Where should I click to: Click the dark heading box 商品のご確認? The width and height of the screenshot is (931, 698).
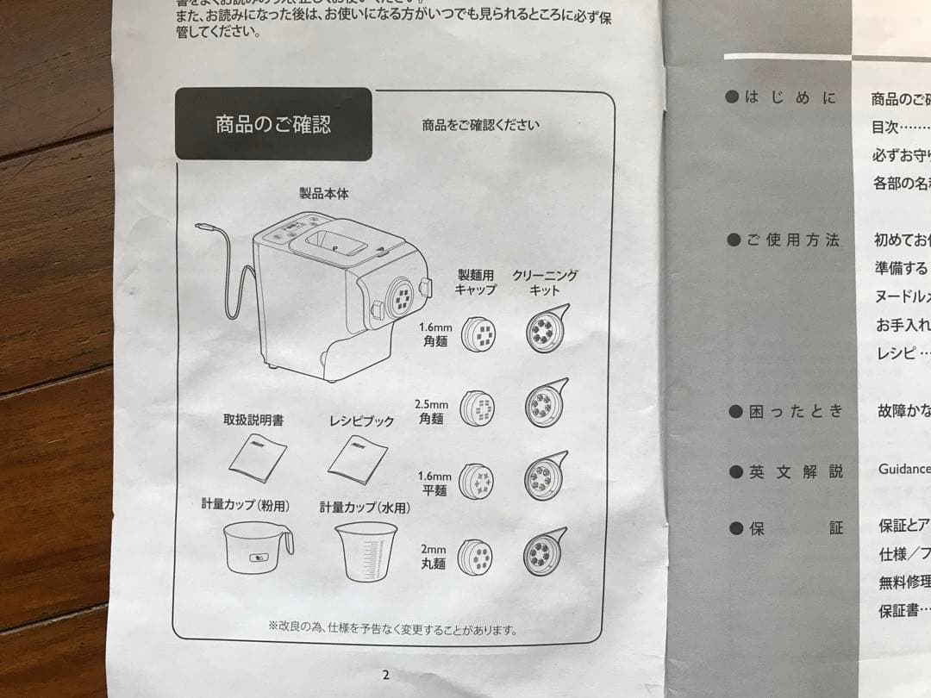point(273,124)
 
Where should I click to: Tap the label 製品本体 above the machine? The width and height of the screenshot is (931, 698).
point(323,194)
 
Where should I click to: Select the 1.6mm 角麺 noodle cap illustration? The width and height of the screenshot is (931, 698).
point(477,333)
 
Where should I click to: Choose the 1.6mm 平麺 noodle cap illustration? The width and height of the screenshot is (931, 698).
point(477,482)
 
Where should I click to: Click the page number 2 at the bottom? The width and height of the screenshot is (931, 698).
point(385,675)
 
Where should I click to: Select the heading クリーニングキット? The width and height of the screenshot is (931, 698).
point(544,283)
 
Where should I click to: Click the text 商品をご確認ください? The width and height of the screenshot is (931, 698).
point(480,125)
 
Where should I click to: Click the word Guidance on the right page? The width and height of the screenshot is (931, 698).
point(903,469)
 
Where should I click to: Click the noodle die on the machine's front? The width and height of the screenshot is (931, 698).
point(402,297)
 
